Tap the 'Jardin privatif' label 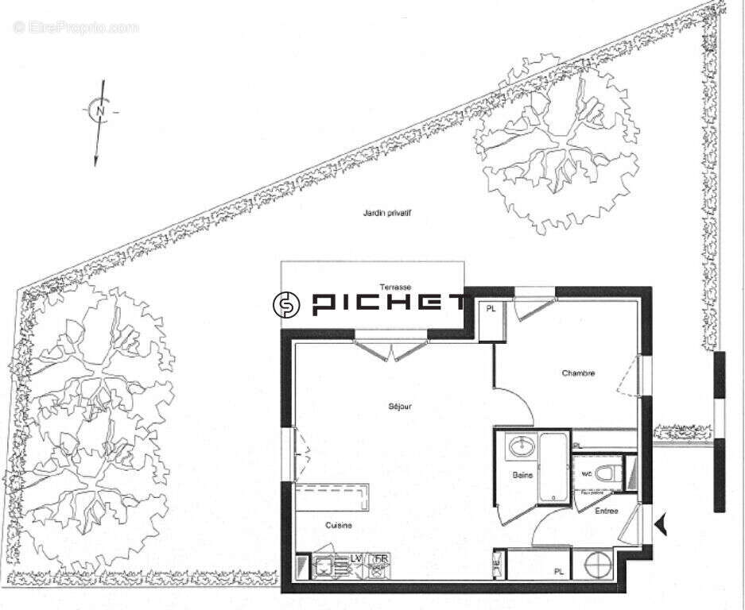pyautogui.click(x=386, y=213)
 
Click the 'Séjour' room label pyautogui.click(x=400, y=407)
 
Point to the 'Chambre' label pyautogui.click(x=578, y=373)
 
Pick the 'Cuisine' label pyautogui.click(x=339, y=525)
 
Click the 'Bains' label pyautogui.click(x=522, y=475)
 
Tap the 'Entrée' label pyautogui.click(x=607, y=512)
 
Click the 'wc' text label pyautogui.click(x=587, y=474)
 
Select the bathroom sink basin pyautogui.click(x=522, y=446)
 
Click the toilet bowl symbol pyautogui.click(x=610, y=474)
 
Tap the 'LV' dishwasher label pyautogui.click(x=358, y=559)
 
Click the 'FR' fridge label pyautogui.click(x=381, y=559)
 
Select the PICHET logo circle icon pyautogui.click(x=286, y=304)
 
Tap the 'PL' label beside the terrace pyautogui.click(x=491, y=309)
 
